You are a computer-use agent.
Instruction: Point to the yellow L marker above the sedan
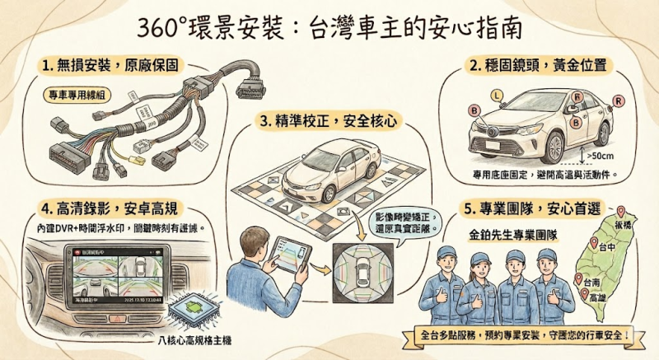coord(495,96)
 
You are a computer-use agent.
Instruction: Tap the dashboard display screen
coord(121,278)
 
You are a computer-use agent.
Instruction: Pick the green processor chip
coord(192,309)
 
